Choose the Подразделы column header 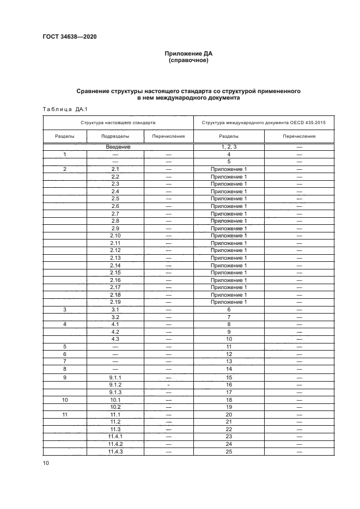(x=115, y=137)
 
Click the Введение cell (x=115, y=147)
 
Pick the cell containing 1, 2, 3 (x=229, y=147)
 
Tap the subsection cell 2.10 (x=115, y=235)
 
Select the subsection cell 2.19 (x=115, y=302)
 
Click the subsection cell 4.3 (x=115, y=339)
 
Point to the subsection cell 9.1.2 (x=115, y=384)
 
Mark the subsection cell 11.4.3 (x=115, y=451)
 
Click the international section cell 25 (x=229, y=451)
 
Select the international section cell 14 (x=229, y=369)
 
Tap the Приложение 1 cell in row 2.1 (x=229, y=169)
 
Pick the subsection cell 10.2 (x=115, y=407)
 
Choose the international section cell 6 (x=229, y=309)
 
